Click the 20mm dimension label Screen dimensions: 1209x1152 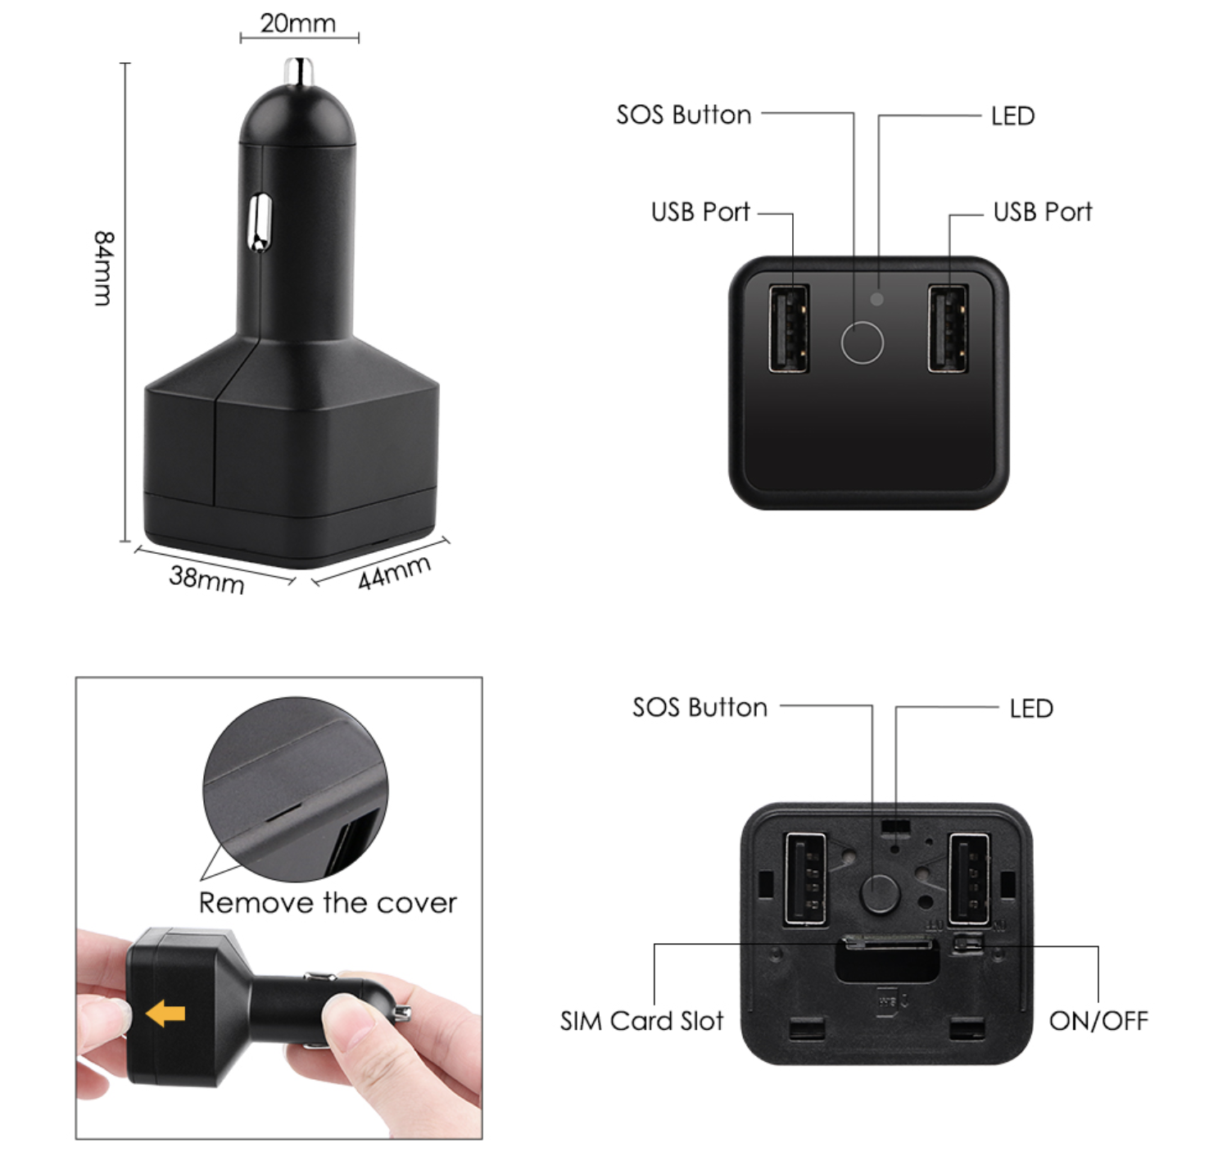[x=298, y=24]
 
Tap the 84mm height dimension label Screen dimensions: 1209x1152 [x=103, y=268]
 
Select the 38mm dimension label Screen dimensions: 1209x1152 [x=206, y=579]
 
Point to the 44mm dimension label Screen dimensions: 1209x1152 [x=394, y=572]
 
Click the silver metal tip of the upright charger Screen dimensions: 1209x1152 [x=299, y=71]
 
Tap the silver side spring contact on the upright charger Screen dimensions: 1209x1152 [x=260, y=222]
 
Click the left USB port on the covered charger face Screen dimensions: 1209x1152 [x=788, y=328]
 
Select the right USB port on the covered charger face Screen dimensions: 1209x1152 [x=948, y=328]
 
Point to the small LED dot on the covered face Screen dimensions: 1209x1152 [x=877, y=299]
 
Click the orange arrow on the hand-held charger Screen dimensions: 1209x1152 [x=165, y=1013]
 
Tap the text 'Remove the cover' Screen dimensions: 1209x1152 [x=328, y=903]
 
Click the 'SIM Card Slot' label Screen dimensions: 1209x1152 [x=641, y=1021]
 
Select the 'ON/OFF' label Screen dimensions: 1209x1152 [x=1098, y=1021]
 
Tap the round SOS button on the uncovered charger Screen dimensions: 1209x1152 [x=880, y=894]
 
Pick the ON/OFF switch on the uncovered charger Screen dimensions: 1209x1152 [x=968, y=944]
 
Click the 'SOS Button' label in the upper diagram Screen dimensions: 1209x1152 [x=684, y=115]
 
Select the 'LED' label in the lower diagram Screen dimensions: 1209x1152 [x=1031, y=708]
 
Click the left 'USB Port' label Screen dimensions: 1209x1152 [x=700, y=211]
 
